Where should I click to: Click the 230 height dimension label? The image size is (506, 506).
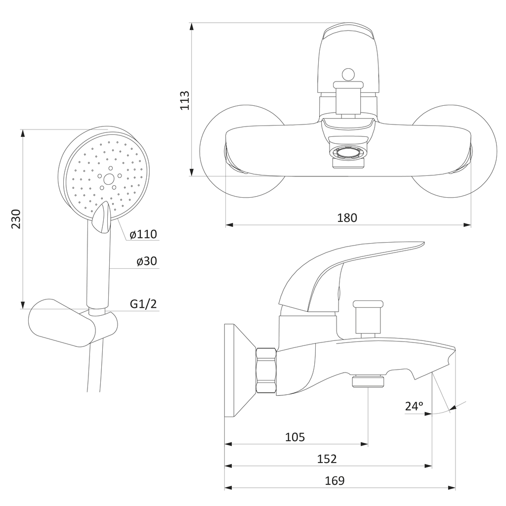16,219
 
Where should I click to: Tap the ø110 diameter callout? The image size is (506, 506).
143,234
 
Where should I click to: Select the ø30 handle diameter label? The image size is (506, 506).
146,261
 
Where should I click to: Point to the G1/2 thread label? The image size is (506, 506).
143,304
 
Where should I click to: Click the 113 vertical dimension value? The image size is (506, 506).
185,100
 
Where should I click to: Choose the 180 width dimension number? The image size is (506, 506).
347,218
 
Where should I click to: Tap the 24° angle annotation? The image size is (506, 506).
414,406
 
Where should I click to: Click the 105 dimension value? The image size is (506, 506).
295,437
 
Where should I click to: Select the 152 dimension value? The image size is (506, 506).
327,459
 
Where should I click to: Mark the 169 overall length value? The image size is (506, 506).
335,480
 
